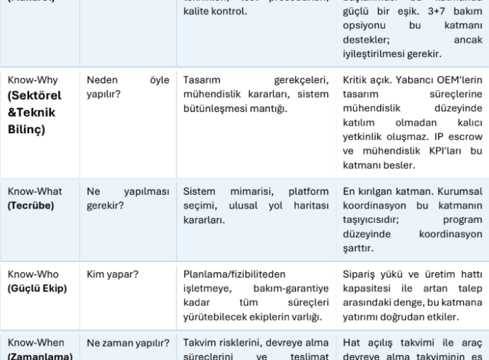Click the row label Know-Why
[x=33, y=80]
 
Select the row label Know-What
[x=35, y=192]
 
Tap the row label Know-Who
[x=33, y=274]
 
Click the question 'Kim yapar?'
[x=112, y=274]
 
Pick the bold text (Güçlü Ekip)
[x=37, y=288]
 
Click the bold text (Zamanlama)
[x=40, y=355]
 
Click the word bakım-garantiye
[x=296, y=288]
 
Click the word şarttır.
[x=359, y=248]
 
